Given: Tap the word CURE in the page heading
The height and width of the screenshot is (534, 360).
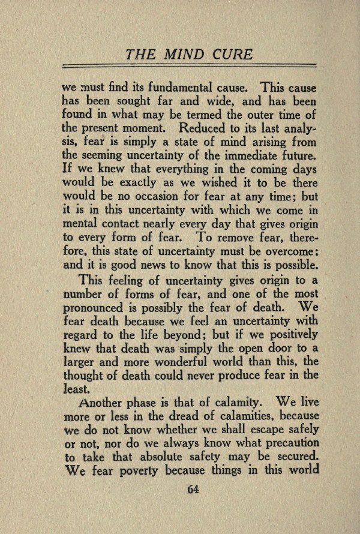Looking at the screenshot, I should click(232, 54).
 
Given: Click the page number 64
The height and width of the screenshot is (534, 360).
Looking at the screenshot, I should click(193, 488).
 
